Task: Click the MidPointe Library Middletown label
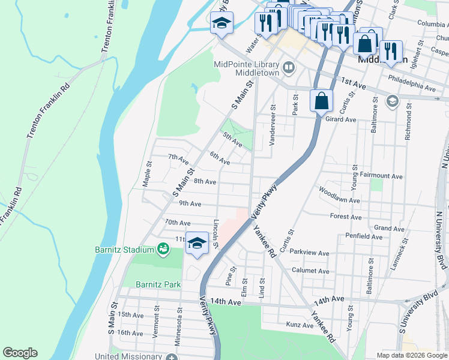point(247,69)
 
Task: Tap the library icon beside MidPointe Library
point(289,67)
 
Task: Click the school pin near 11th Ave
point(196,244)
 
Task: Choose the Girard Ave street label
point(341,119)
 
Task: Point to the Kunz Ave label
point(300,325)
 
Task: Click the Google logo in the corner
point(20,353)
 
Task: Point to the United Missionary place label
point(128,356)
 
